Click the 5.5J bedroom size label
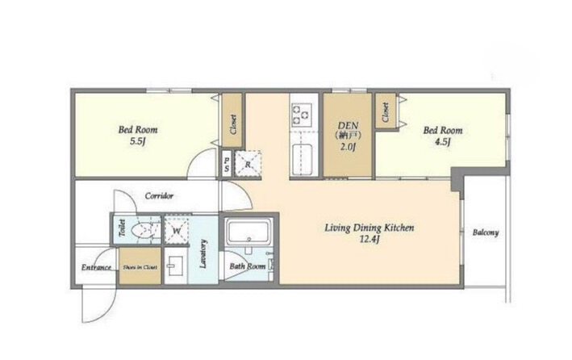(138, 142)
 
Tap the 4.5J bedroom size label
(442, 142)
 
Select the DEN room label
(349, 125)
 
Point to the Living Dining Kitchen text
(370, 228)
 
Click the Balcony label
(486, 232)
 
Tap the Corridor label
(159, 196)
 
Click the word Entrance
(96, 268)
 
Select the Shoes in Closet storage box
(140, 266)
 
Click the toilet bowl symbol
(144, 231)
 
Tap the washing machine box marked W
(177, 231)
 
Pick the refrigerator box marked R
(248, 163)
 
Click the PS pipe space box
(227, 164)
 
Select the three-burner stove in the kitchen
(301, 114)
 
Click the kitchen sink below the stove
(303, 159)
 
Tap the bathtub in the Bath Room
(248, 233)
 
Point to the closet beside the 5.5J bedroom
(232, 120)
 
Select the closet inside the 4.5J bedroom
(385, 111)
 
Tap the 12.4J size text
(370, 240)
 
